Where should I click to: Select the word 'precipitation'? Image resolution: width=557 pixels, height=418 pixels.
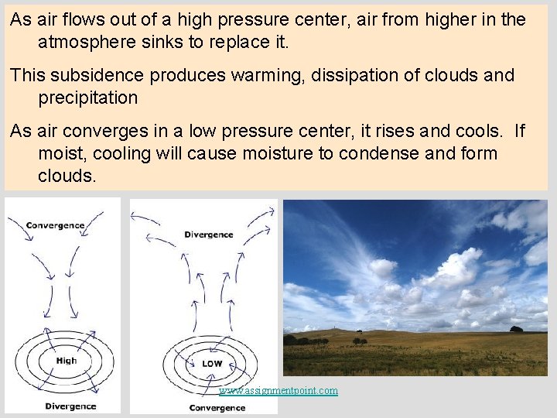[87, 98]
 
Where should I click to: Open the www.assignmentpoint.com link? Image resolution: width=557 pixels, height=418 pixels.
[278, 391]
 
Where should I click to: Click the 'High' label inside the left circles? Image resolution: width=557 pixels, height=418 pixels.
[66, 360]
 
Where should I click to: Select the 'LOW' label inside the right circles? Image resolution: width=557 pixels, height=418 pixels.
[212, 363]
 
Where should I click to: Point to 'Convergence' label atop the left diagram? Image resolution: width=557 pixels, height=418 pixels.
[55, 226]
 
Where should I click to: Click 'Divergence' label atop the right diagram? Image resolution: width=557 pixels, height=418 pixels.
[208, 235]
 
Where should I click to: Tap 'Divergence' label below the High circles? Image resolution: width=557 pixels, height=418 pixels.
[70, 406]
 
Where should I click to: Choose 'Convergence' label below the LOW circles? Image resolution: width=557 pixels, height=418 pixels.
[217, 408]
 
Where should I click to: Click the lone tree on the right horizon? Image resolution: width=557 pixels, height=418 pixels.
[516, 329]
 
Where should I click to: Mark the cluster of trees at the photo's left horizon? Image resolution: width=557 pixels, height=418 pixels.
[305, 340]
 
